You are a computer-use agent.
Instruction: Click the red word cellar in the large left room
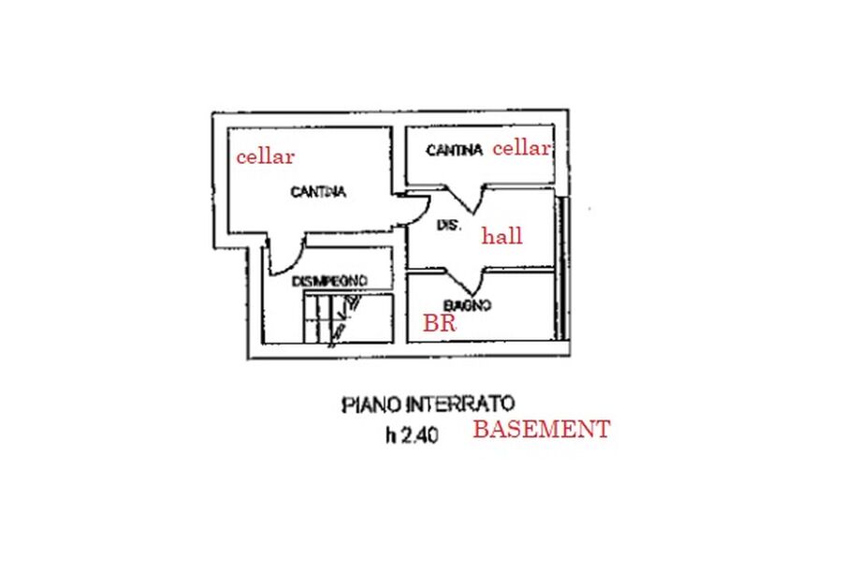click(x=265, y=156)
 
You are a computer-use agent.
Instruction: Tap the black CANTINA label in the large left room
click(x=318, y=192)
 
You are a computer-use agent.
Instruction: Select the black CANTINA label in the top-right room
click(x=454, y=150)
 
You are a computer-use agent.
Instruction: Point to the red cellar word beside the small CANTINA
click(x=521, y=148)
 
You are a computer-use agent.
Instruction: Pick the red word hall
click(x=501, y=236)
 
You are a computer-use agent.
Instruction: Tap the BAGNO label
click(x=468, y=305)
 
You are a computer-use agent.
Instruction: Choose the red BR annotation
click(x=439, y=324)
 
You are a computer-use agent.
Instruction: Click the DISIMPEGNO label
click(x=328, y=280)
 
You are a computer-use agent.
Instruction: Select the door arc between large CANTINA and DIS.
click(x=412, y=209)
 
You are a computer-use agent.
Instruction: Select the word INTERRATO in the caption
click(x=459, y=404)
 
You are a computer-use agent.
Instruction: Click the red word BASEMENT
click(x=541, y=430)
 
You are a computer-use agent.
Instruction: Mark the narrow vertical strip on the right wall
click(x=561, y=267)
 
